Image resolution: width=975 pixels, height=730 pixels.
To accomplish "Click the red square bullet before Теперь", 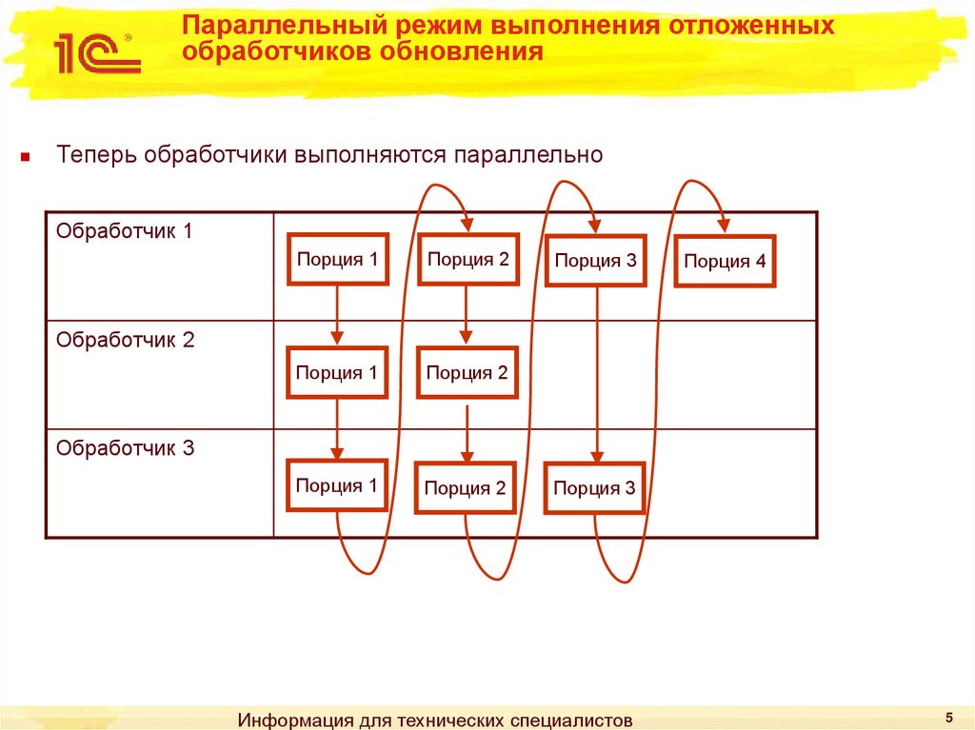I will pyautogui.click(x=28, y=157).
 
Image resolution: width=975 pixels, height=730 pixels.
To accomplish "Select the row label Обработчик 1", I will pyautogui.click(x=125, y=231).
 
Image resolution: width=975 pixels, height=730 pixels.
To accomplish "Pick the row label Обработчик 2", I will pyautogui.click(x=125, y=340).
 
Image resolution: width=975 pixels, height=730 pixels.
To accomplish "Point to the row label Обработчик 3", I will pyautogui.click(x=125, y=447).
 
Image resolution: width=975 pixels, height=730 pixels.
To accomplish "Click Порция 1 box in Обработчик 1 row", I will pyautogui.click(x=338, y=259).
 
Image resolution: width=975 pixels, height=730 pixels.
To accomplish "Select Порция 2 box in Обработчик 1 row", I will pyautogui.click(x=468, y=259).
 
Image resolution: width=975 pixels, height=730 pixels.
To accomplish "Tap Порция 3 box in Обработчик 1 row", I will pyautogui.click(x=596, y=261).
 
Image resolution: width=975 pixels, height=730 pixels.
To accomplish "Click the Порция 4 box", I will pyautogui.click(x=725, y=262).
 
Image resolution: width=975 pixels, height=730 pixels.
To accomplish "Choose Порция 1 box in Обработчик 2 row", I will pyautogui.click(x=337, y=373).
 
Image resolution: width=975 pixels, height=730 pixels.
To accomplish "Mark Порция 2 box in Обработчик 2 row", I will pyautogui.click(x=467, y=373).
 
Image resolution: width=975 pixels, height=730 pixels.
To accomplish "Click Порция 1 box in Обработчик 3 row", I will pyautogui.click(x=337, y=486).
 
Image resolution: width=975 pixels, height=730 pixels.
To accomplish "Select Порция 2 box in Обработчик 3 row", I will pyautogui.click(x=465, y=489).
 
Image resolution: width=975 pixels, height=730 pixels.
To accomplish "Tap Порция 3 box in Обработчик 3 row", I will pyautogui.click(x=594, y=489).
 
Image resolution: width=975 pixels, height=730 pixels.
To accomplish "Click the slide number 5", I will pyautogui.click(x=948, y=716).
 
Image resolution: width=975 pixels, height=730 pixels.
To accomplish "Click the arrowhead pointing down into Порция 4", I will pyautogui.click(x=725, y=226).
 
